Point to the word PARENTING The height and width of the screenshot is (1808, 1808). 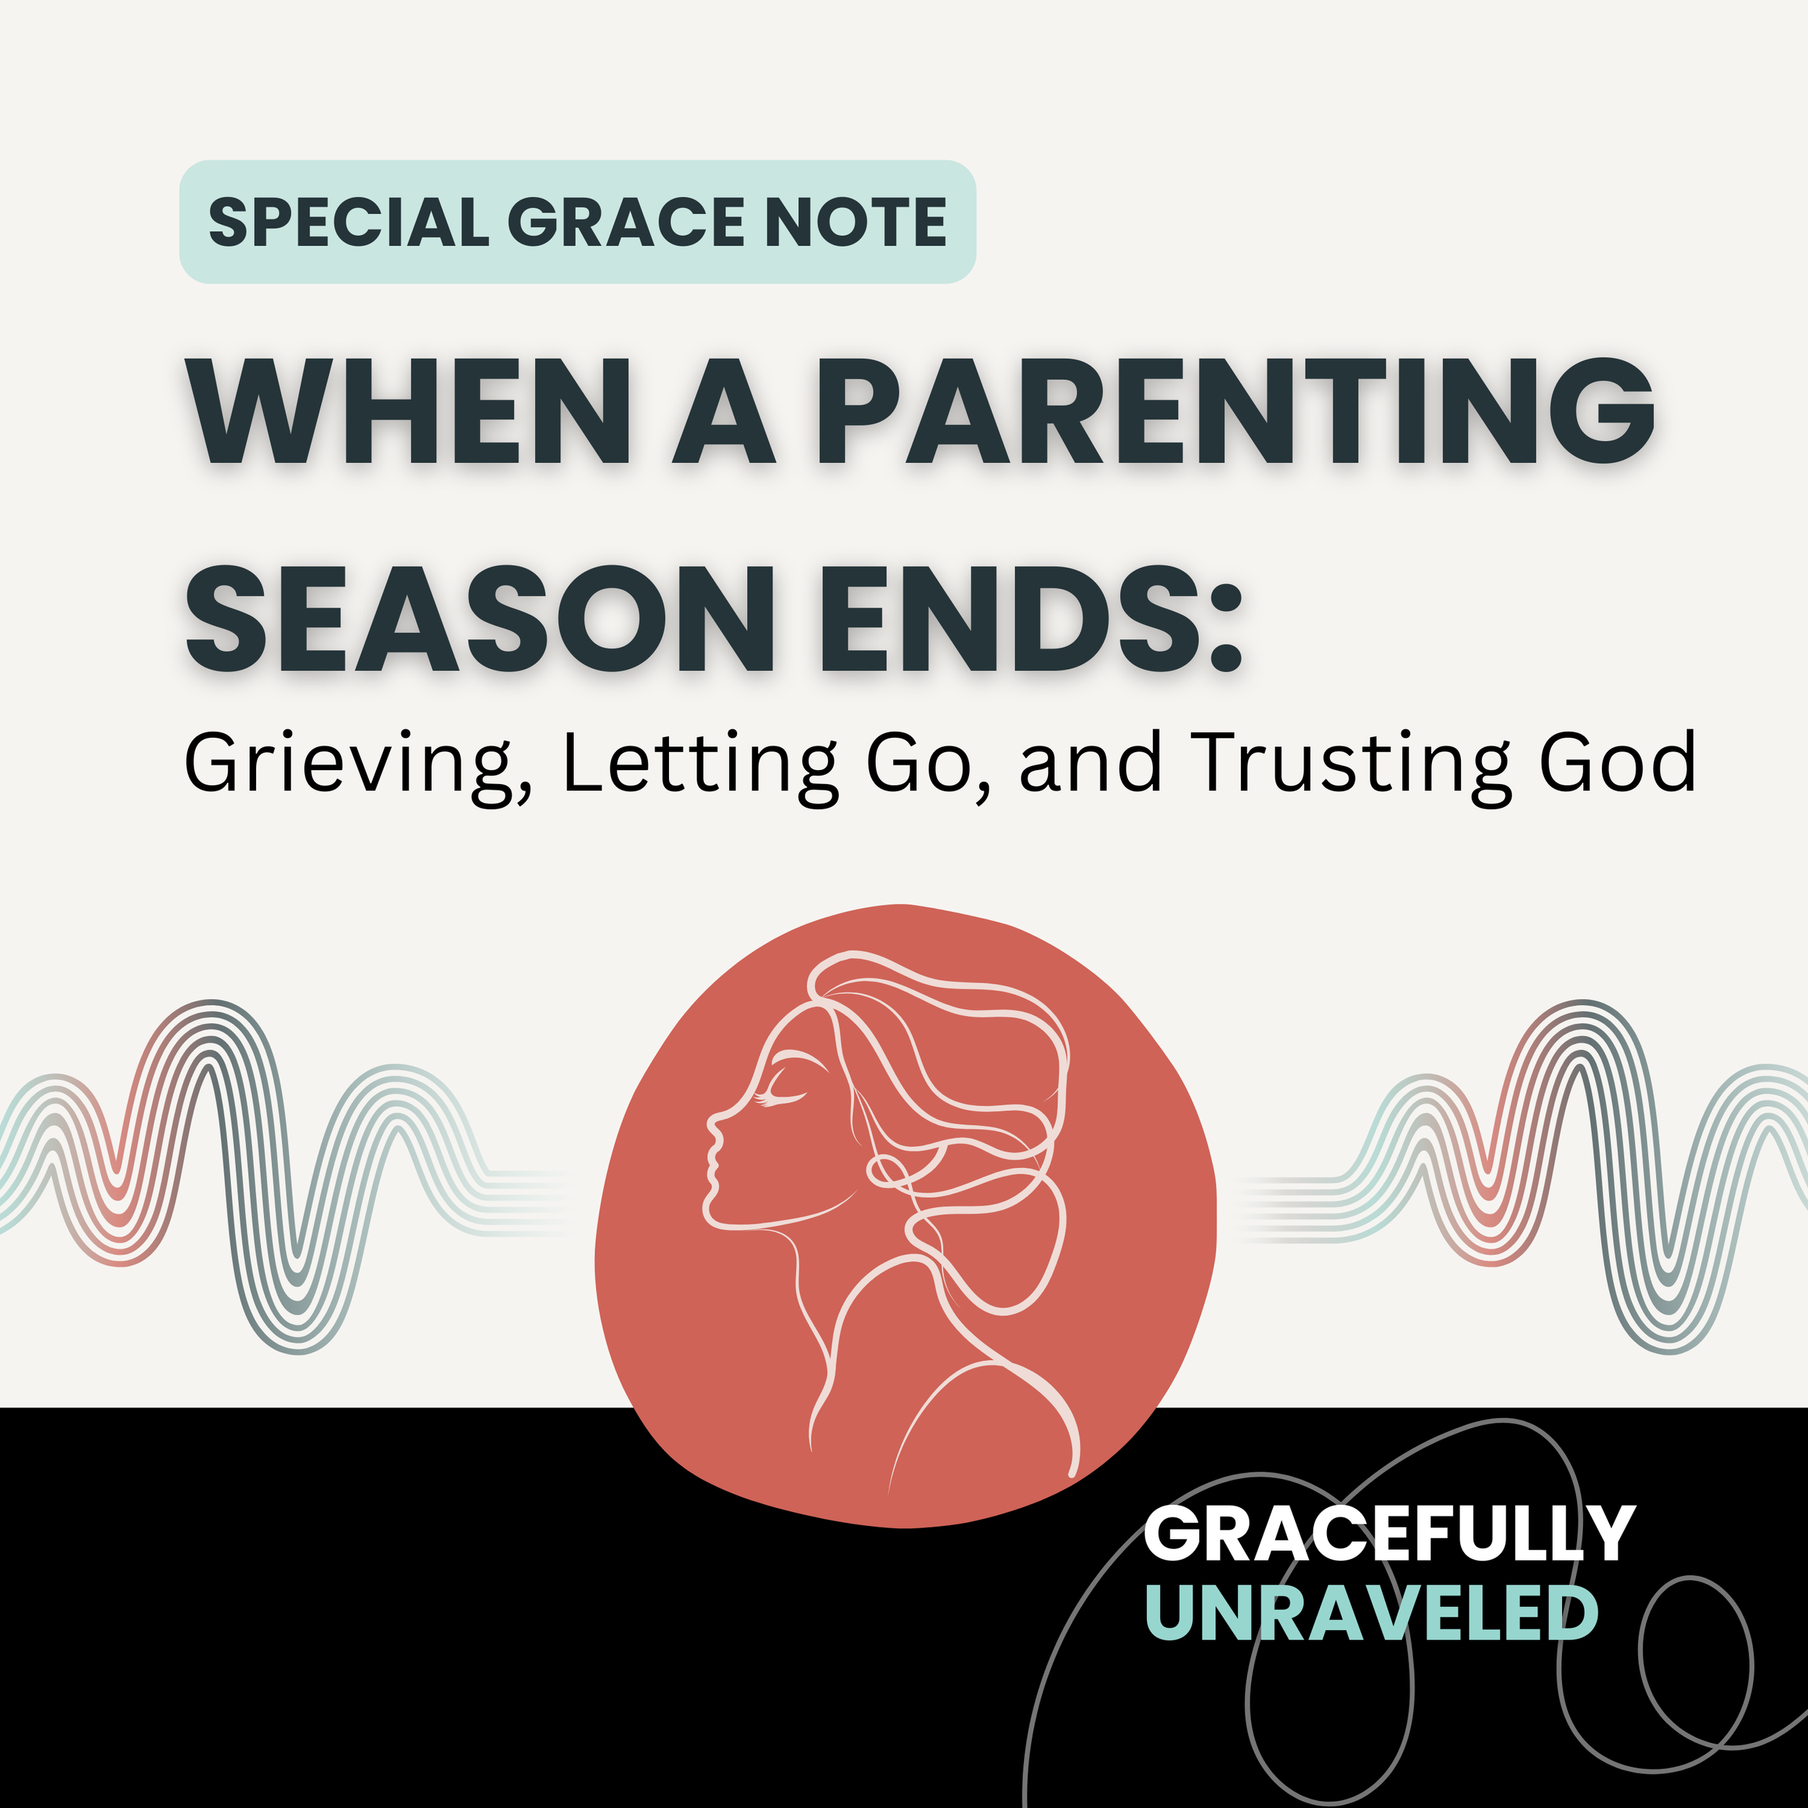pos(1235,411)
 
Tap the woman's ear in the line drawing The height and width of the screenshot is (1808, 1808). pos(884,1169)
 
